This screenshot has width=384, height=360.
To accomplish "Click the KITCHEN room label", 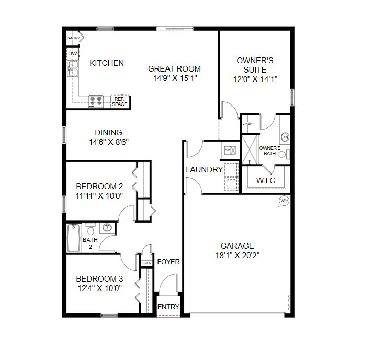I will point(107,63).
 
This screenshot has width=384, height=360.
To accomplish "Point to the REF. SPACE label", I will point(119,102).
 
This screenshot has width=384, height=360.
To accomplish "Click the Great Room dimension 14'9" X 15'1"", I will point(174,78).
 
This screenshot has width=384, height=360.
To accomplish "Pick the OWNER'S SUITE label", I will point(255,65).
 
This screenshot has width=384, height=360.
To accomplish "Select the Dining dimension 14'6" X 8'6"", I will point(108,142).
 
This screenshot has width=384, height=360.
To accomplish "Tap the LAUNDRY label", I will point(205,170).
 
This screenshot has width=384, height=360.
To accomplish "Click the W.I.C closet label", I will point(266,181).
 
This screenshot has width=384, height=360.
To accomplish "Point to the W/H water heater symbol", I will point(284,201).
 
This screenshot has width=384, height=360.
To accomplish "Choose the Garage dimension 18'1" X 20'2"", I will point(237,256).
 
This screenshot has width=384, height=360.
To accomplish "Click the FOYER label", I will point(168,262).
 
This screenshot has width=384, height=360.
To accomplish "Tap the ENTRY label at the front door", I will point(168,307).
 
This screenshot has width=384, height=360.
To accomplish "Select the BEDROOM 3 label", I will point(99,278).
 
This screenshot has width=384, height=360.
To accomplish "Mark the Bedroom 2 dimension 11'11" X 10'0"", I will point(99,196).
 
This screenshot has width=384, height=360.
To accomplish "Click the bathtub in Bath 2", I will point(73,238).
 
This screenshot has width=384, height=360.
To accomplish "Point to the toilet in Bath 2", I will point(91,229).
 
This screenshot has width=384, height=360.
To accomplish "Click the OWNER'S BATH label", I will point(270,150).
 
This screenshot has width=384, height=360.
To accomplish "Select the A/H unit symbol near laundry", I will point(228,150).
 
